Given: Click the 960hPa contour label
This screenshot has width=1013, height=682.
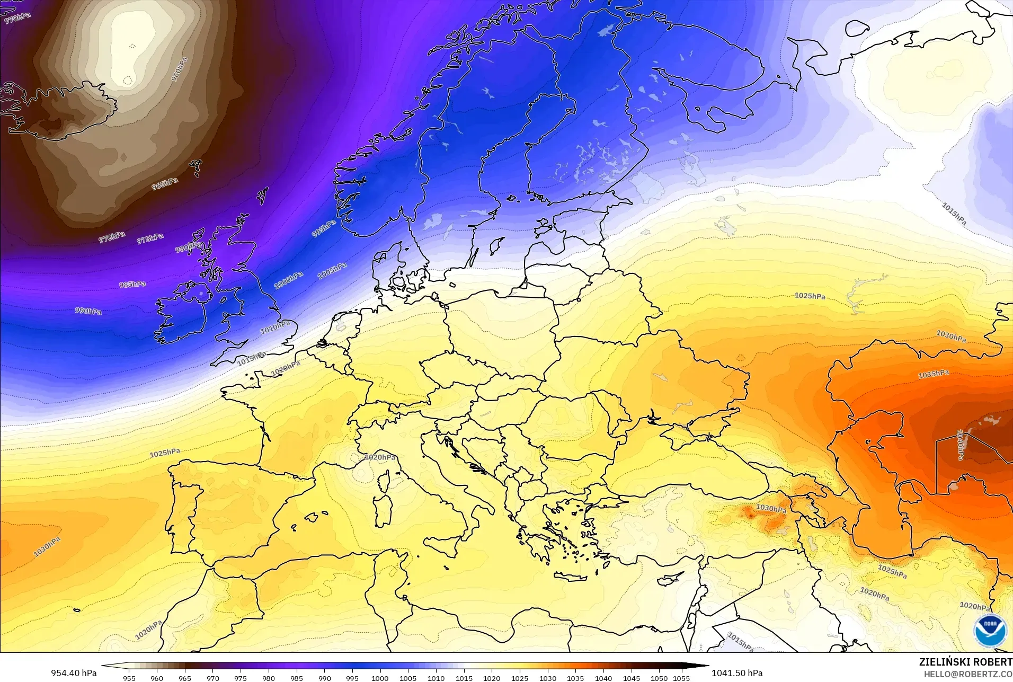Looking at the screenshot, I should click(x=180, y=69).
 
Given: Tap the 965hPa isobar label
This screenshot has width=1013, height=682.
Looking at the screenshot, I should click(x=165, y=184).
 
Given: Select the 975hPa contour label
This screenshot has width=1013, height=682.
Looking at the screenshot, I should click(x=150, y=238).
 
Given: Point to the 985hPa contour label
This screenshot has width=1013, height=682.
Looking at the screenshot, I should click(x=132, y=285).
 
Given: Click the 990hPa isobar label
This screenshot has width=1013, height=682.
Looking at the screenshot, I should click(x=88, y=311).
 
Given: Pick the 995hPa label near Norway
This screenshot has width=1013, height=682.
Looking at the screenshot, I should click(x=323, y=228).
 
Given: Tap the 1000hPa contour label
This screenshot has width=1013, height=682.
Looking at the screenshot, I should click(x=289, y=280).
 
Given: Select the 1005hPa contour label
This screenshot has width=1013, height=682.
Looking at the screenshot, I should click(x=332, y=271).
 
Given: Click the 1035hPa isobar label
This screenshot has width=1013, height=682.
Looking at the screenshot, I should click(x=934, y=374).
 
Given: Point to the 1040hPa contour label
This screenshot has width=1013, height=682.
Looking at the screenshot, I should click(x=960, y=444).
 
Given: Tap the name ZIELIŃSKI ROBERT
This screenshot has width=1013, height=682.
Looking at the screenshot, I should click(x=966, y=662).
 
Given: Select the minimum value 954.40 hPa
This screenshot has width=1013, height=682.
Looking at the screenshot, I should click(x=74, y=673).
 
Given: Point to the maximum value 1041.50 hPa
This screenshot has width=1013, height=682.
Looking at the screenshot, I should click(x=737, y=673).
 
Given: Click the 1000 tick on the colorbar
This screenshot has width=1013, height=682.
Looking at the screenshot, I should click(x=380, y=678).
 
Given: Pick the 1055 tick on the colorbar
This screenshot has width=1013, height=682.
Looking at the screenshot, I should click(x=681, y=678).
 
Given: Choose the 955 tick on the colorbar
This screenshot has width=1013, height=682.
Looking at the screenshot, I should click(x=129, y=678).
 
